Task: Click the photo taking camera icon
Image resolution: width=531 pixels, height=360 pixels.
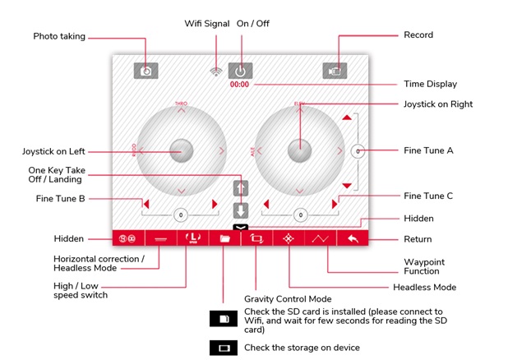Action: (x=145, y=71)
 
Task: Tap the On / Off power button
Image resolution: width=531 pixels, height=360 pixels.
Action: (x=240, y=71)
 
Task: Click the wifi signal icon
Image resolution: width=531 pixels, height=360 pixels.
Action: (x=216, y=72)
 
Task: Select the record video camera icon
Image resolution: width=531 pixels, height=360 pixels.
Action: (x=335, y=71)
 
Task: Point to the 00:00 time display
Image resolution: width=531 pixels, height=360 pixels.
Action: (x=239, y=85)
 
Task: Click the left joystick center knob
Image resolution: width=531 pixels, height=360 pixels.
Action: (x=181, y=150)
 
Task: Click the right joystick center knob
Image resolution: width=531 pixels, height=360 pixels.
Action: (x=299, y=150)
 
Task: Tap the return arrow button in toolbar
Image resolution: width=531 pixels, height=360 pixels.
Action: (x=353, y=238)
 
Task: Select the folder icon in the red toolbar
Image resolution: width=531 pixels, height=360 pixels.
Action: (x=224, y=238)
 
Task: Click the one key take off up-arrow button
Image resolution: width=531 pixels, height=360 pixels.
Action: (x=240, y=188)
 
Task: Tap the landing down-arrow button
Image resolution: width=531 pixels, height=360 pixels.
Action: (x=240, y=209)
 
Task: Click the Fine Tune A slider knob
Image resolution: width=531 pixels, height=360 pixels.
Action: (x=358, y=151)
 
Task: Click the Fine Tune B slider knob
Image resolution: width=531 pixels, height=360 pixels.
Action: (x=180, y=215)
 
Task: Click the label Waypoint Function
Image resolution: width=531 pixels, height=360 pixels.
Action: (x=423, y=266)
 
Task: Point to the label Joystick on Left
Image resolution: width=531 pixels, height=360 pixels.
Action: (x=53, y=151)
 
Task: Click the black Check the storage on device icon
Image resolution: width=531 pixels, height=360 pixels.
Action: (x=223, y=347)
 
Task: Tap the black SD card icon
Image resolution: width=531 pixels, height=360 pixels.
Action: (x=223, y=317)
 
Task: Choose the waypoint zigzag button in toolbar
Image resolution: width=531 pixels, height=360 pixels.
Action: (x=320, y=238)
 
